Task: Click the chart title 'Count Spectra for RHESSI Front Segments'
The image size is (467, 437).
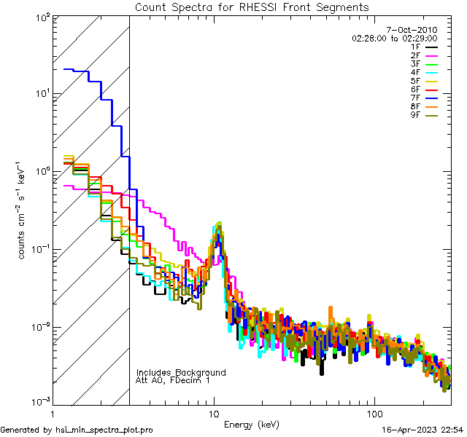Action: [252, 7]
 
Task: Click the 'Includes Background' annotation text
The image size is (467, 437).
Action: [181, 372]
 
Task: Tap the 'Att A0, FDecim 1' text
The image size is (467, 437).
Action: [173, 380]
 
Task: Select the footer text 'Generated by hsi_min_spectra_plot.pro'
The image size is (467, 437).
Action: [77, 430]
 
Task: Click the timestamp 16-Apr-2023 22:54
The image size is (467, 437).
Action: [423, 430]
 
